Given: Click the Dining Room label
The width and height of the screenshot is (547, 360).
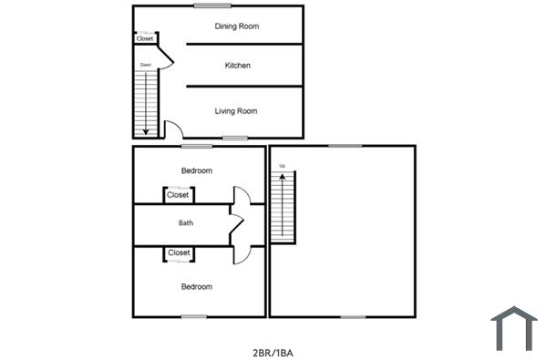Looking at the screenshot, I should (x=237, y=26).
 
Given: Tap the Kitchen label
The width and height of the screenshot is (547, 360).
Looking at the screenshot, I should (x=237, y=66).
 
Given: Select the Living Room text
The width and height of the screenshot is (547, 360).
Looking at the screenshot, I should (x=236, y=111).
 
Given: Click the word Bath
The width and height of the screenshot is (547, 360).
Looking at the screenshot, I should (x=186, y=222).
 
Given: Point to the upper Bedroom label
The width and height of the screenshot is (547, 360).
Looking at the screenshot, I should (x=196, y=170).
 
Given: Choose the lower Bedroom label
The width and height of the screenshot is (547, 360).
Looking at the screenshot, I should (x=196, y=287).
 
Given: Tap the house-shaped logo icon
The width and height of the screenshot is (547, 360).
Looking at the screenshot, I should (x=514, y=329).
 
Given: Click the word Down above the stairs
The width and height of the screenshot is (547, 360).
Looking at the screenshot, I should (x=145, y=65).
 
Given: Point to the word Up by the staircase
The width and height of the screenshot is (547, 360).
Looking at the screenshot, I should (x=283, y=166).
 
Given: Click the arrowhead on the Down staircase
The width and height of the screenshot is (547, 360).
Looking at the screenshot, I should (x=146, y=130).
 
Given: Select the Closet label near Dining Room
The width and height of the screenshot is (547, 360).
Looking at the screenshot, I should (x=145, y=38).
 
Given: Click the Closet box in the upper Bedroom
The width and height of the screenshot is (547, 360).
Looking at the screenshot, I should (x=178, y=195).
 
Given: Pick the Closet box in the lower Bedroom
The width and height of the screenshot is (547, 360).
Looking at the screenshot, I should (x=178, y=252).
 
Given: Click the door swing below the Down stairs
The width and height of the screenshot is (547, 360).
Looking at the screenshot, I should (x=173, y=129).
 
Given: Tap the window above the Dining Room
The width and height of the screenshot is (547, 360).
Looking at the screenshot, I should (x=206, y=6).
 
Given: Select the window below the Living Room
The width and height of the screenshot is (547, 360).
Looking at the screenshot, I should (x=235, y=138).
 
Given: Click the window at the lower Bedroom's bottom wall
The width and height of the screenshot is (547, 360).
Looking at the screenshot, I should (x=193, y=316).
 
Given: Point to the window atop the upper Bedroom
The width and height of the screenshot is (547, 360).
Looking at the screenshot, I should (x=196, y=146).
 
